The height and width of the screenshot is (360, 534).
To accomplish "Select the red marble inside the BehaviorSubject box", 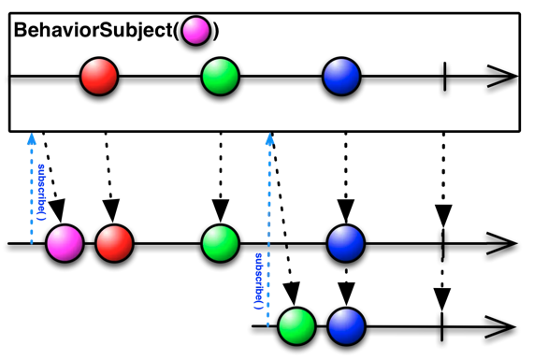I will tap(99, 78).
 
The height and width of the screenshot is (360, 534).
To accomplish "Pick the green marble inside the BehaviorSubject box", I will tap(221, 78).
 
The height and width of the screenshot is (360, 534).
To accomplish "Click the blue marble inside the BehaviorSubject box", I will tap(341, 78).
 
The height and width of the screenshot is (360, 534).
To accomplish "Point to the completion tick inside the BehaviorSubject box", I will tap(444, 78).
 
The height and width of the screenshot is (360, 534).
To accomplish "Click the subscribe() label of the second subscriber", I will tap(258, 280).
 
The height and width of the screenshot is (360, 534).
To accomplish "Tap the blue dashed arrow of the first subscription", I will tap(31, 187).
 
